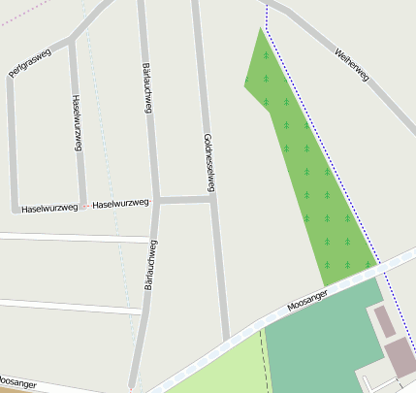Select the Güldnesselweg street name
[208, 161]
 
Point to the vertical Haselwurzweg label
[77, 122]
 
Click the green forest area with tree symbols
[310, 175]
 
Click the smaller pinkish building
[385, 320]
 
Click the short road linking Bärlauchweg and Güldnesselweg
[184, 200]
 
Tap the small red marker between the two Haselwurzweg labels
[84, 206]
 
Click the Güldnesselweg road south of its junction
[220, 281]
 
